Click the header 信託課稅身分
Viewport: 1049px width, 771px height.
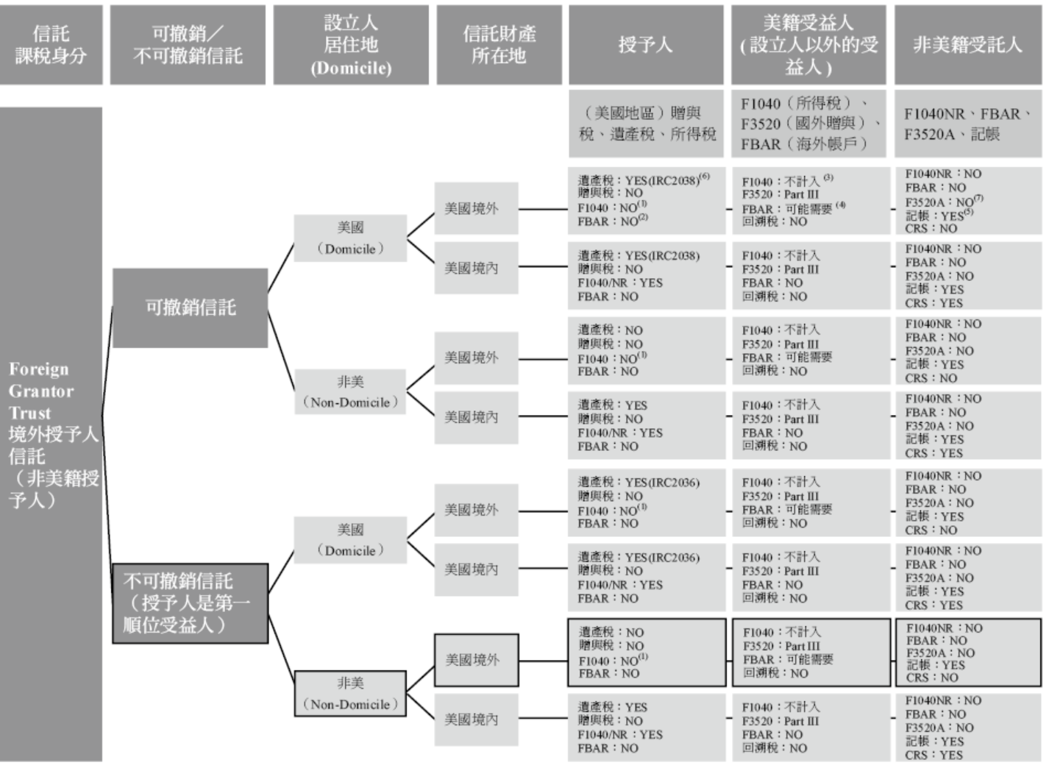(51, 45)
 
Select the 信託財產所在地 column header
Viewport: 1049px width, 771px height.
(499, 45)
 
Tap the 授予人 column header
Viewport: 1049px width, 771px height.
(645, 45)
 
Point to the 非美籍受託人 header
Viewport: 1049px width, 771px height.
(967, 45)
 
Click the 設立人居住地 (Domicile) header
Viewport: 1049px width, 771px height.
(350, 45)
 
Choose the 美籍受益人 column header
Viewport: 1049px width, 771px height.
(808, 45)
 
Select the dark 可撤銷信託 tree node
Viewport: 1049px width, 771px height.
(190, 308)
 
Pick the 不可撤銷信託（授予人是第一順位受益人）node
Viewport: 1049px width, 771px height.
(190, 603)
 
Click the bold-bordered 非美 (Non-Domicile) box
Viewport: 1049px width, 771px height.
(350, 693)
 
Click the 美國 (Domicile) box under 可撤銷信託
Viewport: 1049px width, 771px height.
(350, 238)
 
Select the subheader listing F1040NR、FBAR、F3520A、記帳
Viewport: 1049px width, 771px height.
(967, 124)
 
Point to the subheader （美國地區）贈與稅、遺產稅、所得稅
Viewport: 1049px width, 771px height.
(645, 124)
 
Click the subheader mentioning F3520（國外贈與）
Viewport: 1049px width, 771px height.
(808, 124)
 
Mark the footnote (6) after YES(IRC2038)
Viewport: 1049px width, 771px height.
(705, 177)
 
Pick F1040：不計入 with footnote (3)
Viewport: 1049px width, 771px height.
(787, 181)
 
